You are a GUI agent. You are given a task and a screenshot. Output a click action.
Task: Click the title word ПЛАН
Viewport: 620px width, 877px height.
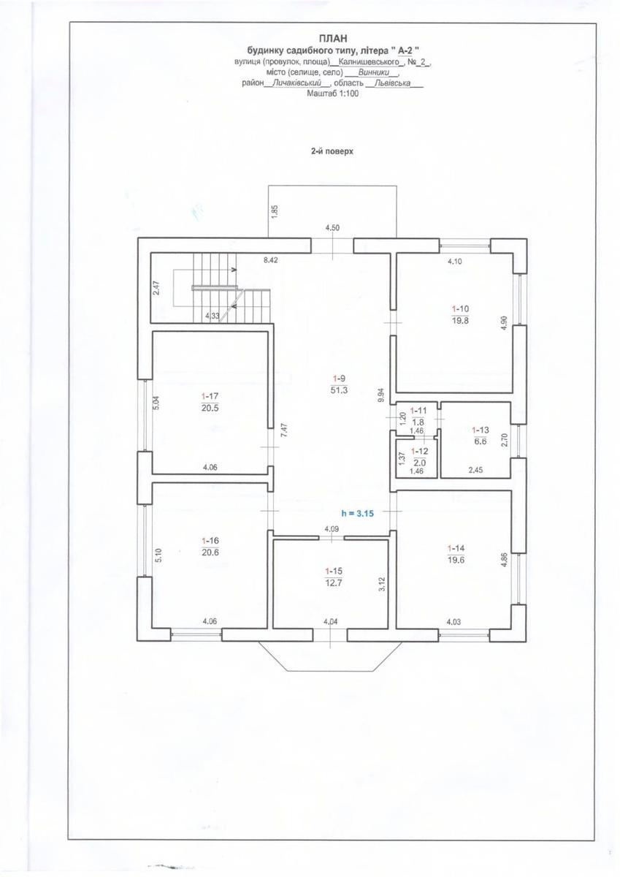pos(333,38)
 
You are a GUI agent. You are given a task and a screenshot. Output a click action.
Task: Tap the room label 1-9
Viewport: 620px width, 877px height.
pos(339,379)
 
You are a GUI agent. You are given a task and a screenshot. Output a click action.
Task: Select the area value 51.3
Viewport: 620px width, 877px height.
pos(339,390)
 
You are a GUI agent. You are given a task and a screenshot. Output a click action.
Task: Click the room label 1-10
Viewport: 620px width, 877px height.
pos(460,309)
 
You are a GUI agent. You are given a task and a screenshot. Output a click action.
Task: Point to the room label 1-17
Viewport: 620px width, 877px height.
pos(210,396)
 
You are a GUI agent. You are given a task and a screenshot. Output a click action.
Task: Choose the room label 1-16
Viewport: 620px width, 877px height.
pos(210,541)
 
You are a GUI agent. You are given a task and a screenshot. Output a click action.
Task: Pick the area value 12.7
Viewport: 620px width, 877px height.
pos(333,582)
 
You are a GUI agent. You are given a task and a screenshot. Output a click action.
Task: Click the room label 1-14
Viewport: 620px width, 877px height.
pos(456,548)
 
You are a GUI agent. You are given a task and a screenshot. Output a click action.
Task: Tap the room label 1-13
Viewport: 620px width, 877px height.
pos(481,430)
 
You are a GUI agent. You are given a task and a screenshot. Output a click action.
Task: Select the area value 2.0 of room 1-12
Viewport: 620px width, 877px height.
pos(419,463)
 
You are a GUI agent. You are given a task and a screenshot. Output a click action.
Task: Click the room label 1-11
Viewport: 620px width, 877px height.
pos(418,410)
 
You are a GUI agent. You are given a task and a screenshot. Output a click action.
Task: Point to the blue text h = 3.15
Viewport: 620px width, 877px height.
pos(358,514)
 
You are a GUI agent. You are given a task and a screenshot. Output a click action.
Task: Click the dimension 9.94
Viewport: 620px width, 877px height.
pos(382,395)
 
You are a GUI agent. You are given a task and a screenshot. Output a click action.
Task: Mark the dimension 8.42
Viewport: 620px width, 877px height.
pos(271,259)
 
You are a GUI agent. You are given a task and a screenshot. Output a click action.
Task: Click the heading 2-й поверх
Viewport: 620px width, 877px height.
pos(332,151)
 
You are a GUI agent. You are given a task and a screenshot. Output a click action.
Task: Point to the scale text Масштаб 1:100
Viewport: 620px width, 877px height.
pos(333,94)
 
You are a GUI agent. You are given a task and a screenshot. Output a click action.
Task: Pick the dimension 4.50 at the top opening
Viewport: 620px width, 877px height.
pos(332,227)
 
